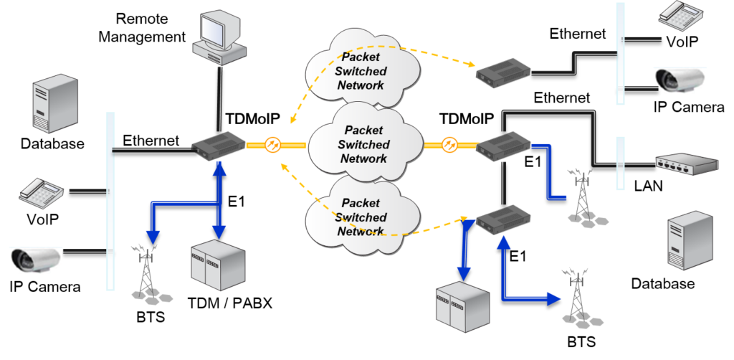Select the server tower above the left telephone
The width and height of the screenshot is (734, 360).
point(54,104)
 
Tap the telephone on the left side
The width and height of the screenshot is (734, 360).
point(41,190)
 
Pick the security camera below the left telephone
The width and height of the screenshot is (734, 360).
point(36,260)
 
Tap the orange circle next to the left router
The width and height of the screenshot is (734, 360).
point(272,145)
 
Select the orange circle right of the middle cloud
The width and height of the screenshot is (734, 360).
point(449,145)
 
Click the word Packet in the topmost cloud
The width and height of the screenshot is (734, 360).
point(362,57)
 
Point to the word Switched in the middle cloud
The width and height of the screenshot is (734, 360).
point(364,144)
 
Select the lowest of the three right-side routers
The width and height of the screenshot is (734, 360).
point(503,218)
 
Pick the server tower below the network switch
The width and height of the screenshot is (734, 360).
point(690,240)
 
